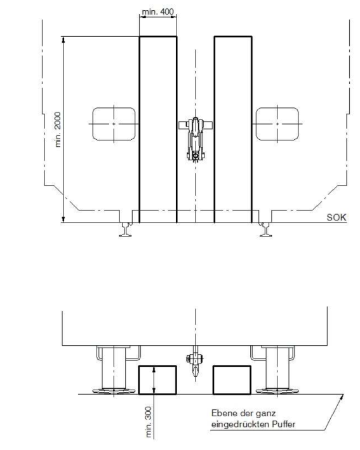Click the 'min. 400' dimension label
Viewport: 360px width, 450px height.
pos(158,11)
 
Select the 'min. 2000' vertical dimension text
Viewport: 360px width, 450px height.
pos(58,130)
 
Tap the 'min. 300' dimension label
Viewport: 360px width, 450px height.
pos(148,422)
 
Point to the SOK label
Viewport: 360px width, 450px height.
pos(337,217)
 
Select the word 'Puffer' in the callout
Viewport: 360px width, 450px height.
pos(283,424)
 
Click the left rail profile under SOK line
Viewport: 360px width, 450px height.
pos(125,229)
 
